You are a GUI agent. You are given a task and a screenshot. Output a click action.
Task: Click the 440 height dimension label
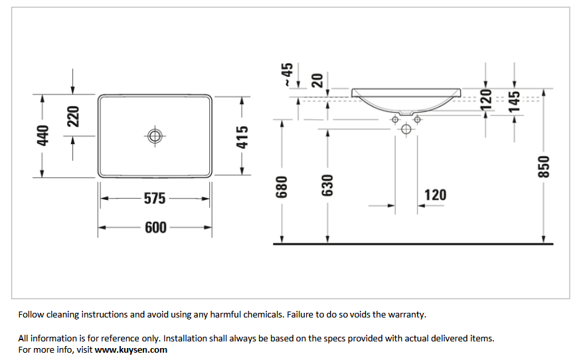tap(43, 135)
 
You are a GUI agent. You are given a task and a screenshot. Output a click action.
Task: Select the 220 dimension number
tap(73, 116)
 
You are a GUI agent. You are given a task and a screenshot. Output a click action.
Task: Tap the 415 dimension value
tap(242, 137)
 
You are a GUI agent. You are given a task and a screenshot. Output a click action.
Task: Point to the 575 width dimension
tap(155, 199)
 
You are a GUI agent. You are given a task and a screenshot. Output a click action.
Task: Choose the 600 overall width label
tap(155, 227)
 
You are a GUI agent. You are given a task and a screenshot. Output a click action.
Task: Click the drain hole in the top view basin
tap(155, 136)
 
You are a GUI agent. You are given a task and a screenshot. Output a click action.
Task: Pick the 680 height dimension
tap(282, 187)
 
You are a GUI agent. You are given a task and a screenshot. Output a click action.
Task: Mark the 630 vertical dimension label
tap(327, 185)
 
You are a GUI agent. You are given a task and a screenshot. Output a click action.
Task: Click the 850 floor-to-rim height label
tap(544, 167)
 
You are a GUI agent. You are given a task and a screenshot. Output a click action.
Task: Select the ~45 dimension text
tap(288, 74)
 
